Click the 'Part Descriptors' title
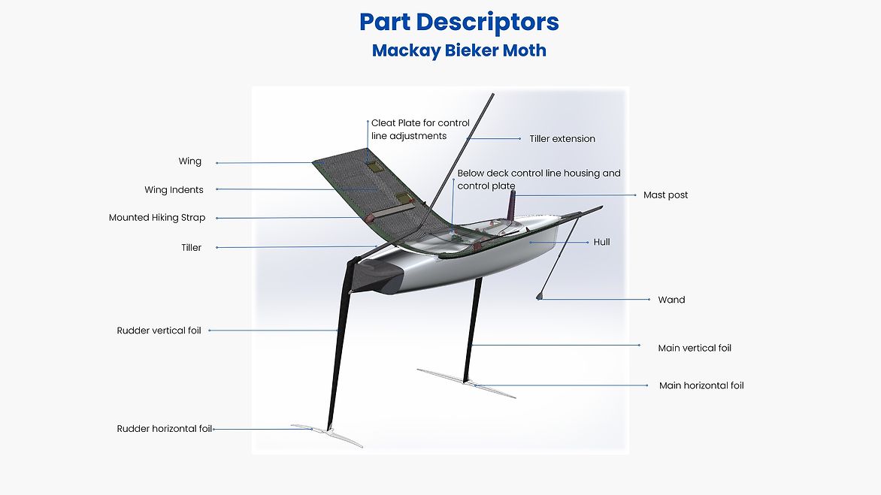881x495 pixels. (x=459, y=23)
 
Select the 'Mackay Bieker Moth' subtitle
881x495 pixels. (x=459, y=51)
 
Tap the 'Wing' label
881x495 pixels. (x=189, y=161)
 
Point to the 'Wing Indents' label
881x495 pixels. (x=174, y=190)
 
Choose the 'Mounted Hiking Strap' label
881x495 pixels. (x=156, y=218)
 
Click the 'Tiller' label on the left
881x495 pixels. (x=191, y=248)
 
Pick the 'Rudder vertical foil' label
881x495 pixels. (x=159, y=331)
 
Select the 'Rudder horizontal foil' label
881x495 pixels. (x=164, y=429)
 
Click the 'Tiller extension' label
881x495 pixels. (x=562, y=139)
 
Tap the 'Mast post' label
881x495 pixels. (x=665, y=195)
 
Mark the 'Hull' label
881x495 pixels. (x=601, y=243)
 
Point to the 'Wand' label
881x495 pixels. (x=671, y=300)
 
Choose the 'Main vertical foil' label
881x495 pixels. (x=694, y=349)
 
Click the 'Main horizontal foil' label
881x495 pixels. (x=701, y=386)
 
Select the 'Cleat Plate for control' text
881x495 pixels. (x=420, y=123)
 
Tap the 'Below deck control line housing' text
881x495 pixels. (x=538, y=174)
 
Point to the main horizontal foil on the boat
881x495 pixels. (x=466, y=382)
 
